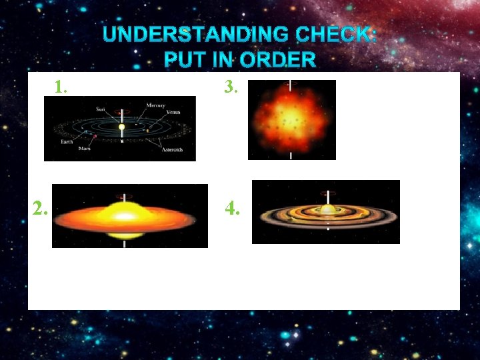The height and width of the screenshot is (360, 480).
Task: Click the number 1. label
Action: (61, 87)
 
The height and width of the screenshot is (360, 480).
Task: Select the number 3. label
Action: (231, 87)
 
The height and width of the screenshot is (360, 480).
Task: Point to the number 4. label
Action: (233, 209)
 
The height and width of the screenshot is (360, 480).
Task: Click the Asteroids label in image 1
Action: (177, 150)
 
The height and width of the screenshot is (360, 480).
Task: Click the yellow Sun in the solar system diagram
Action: (121, 127)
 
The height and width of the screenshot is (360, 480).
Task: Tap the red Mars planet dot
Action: (95, 137)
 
